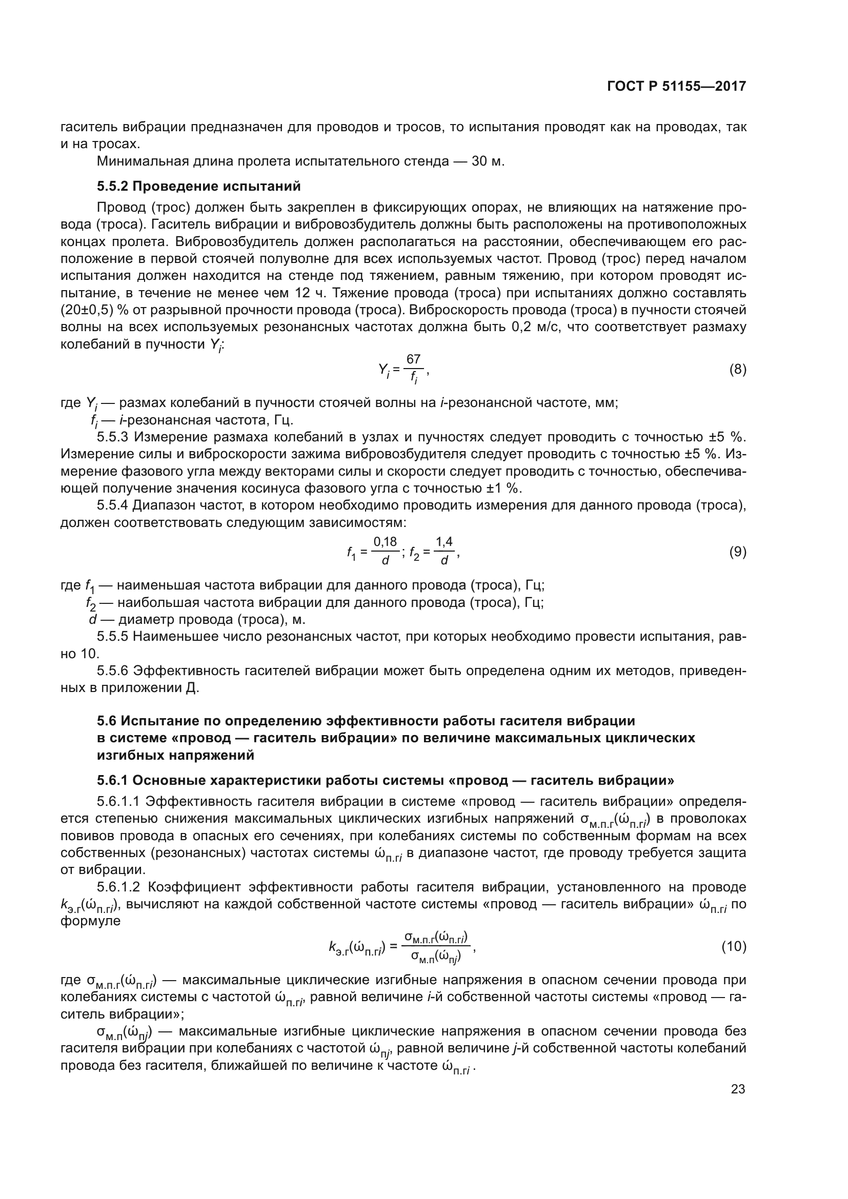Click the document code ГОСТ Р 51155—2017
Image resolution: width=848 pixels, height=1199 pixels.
676,87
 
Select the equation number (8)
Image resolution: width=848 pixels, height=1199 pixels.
737,370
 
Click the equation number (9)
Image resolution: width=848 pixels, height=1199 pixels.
737,552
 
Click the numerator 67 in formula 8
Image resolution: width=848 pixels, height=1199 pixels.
414,359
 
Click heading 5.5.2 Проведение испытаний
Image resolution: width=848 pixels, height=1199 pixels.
199,186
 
